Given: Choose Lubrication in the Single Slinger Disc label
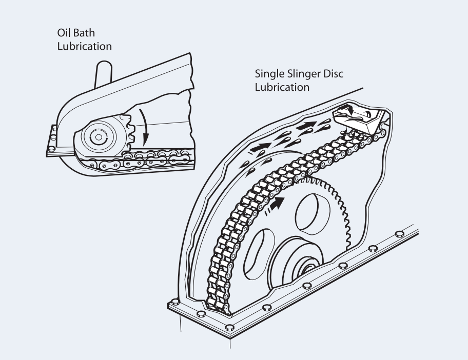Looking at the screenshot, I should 282,87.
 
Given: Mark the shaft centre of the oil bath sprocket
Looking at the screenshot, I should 96,138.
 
